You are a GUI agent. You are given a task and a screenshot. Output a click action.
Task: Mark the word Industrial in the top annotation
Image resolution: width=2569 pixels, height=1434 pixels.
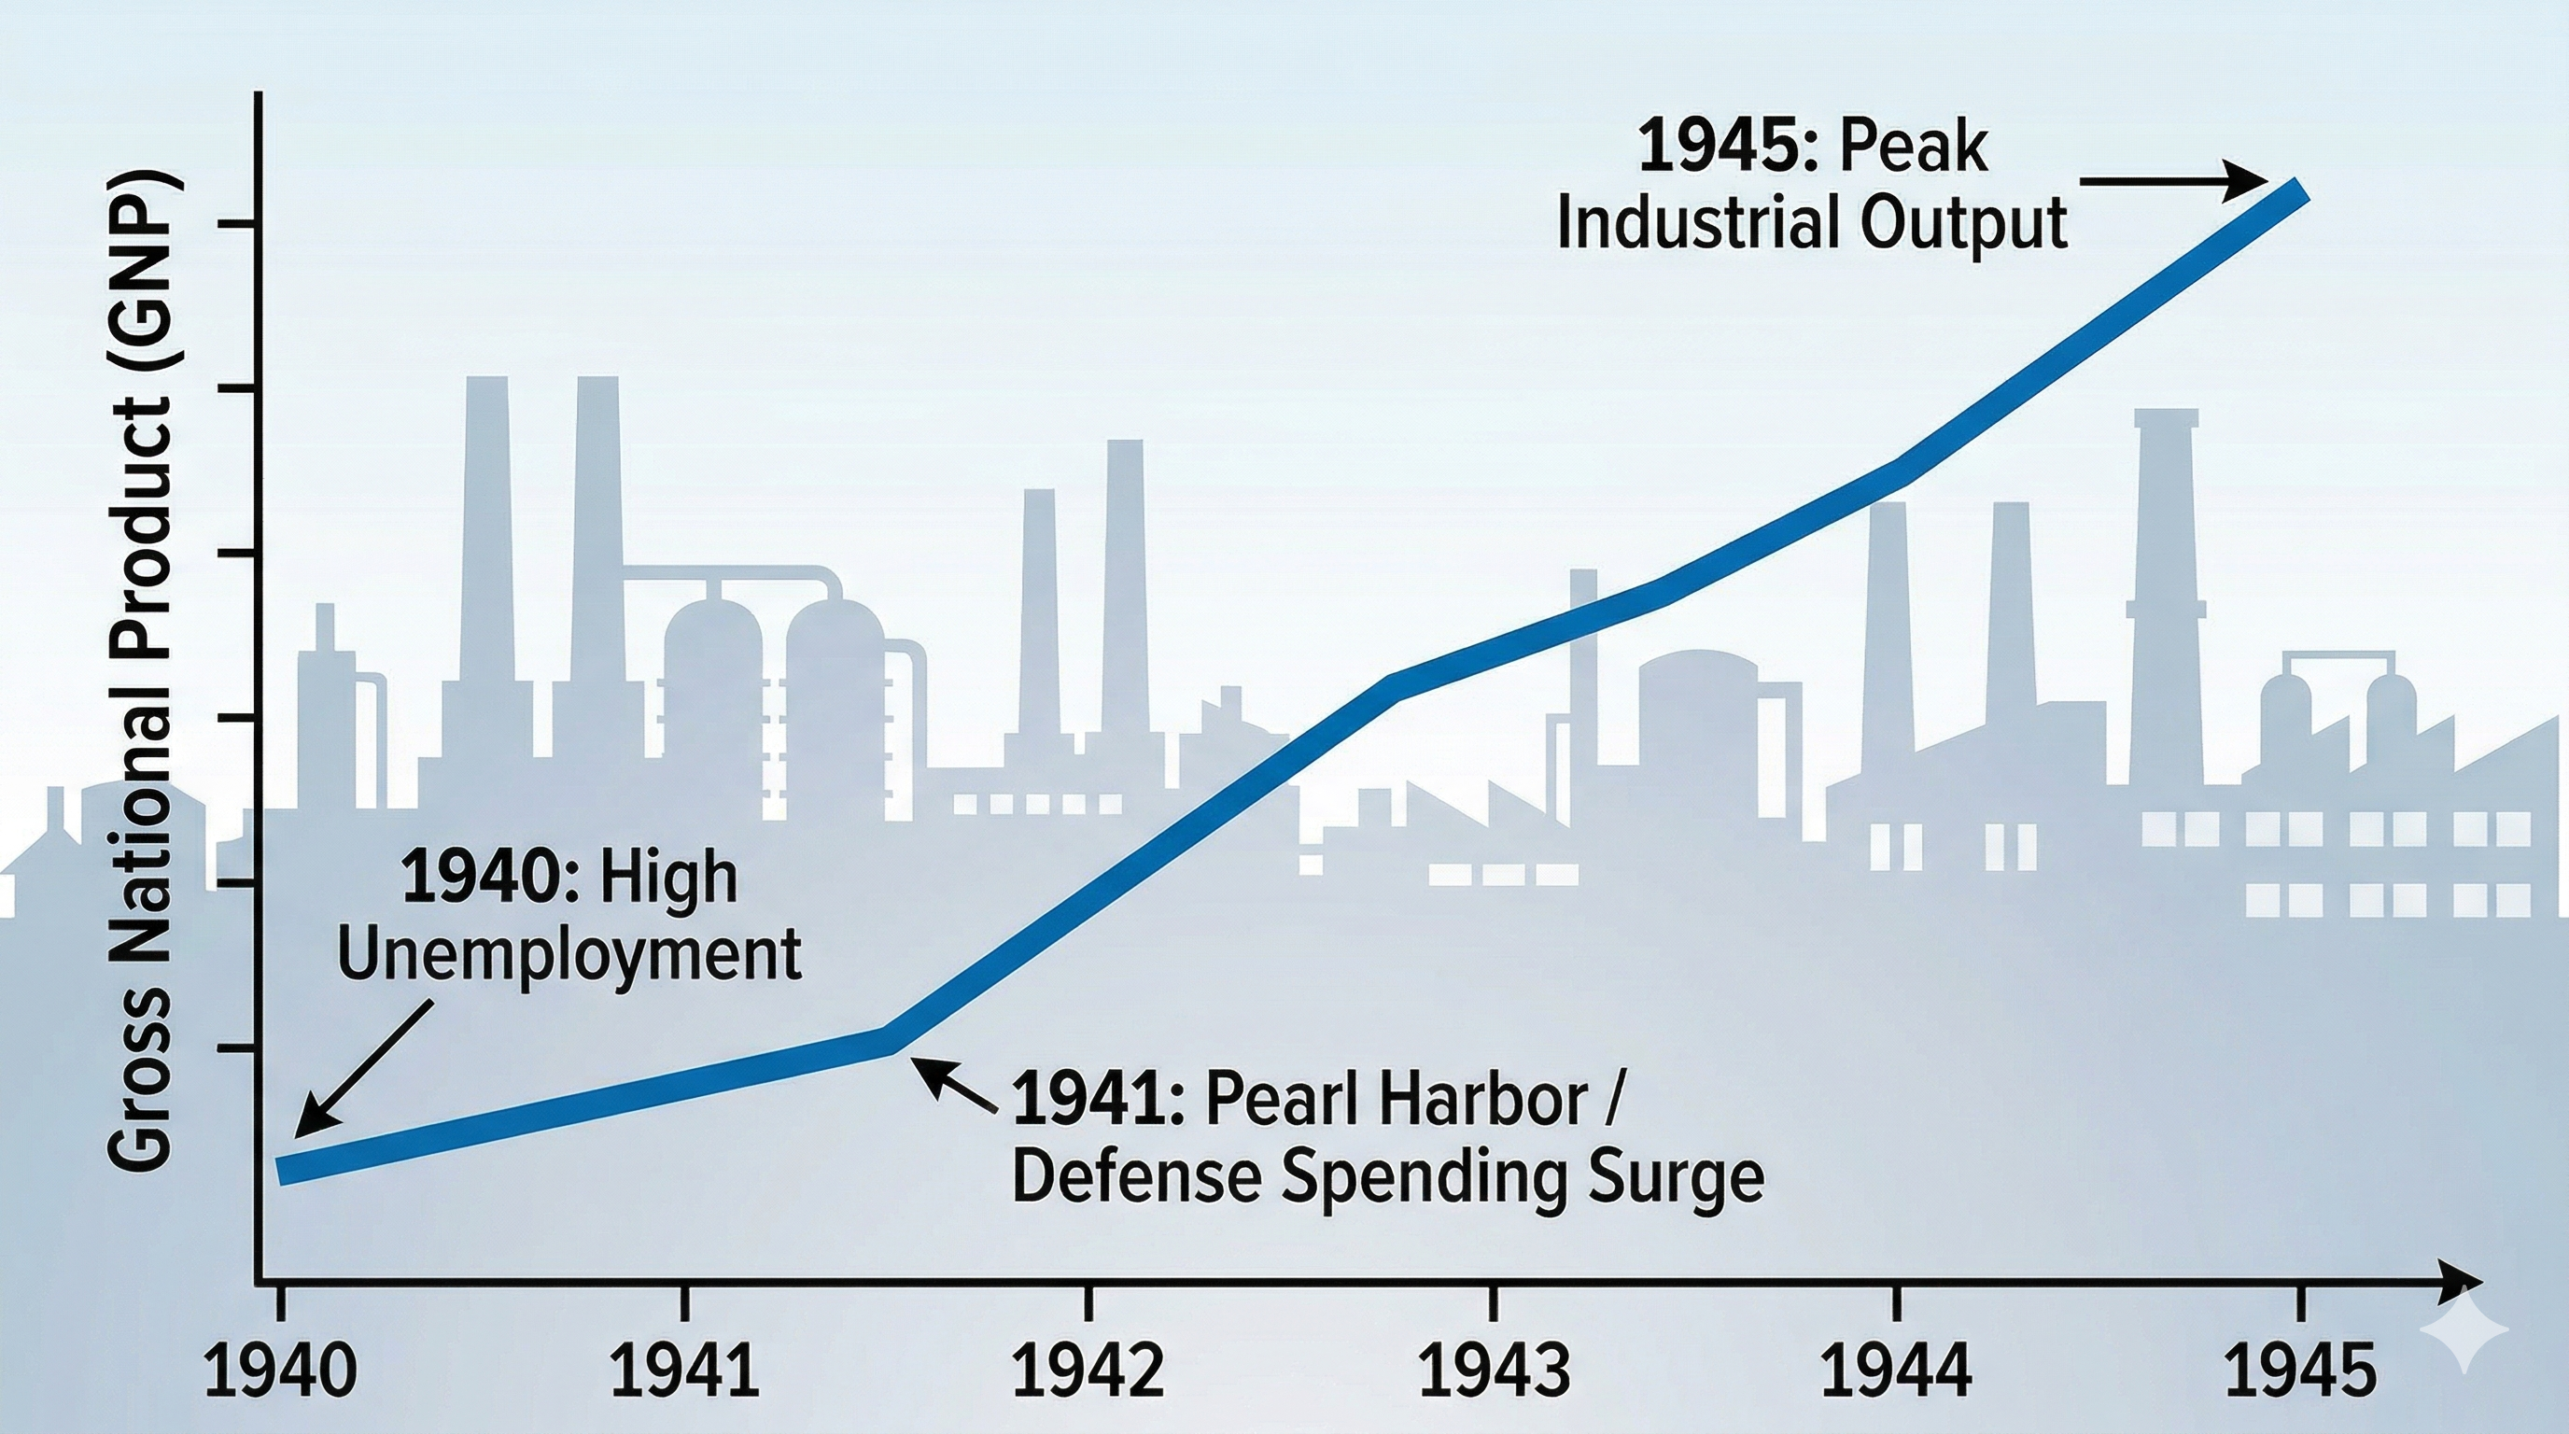1696,225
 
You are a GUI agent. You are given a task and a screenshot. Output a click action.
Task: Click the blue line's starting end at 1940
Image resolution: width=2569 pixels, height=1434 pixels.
283,1170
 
